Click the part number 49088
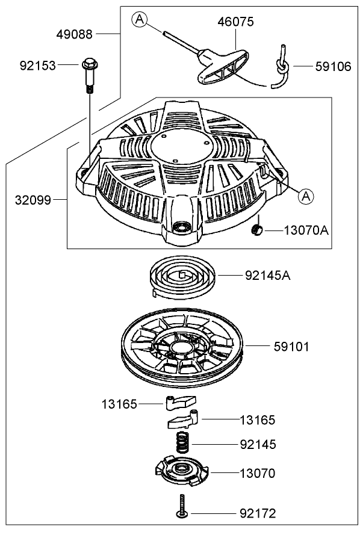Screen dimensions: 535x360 click(x=75, y=34)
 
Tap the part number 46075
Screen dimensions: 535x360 click(x=235, y=22)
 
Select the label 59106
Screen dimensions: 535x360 click(x=333, y=66)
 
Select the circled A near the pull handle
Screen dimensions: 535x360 click(x=140, y=20)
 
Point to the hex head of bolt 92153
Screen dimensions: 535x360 click(x=88, y=63)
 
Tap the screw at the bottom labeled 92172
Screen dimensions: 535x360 click(x=181, y=506)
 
